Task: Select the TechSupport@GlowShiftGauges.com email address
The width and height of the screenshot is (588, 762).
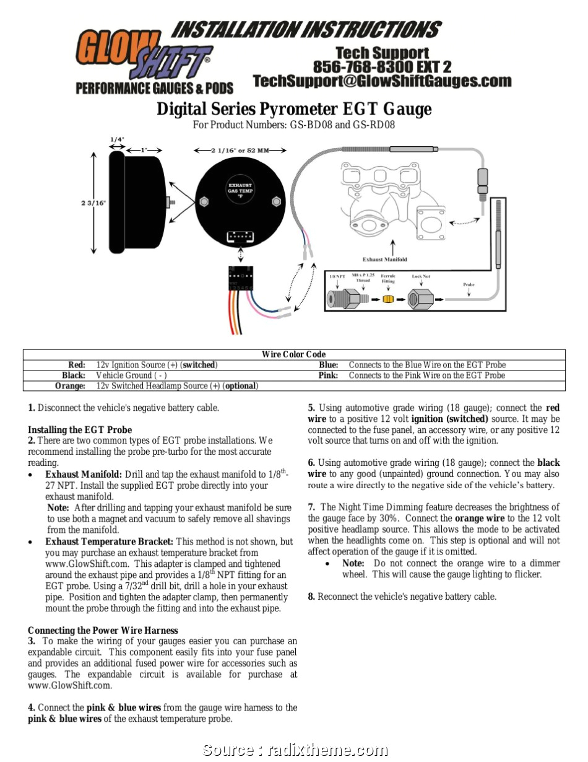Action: click(x=382, y=81)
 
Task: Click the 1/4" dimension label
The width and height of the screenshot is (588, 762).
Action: click(x=117, y=139)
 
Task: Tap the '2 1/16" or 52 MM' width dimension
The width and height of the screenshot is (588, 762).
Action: click(x=240, y=150)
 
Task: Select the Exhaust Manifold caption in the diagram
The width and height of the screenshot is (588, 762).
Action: click(x=384, y=259)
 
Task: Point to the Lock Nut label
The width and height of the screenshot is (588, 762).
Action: click(x=421, y=276)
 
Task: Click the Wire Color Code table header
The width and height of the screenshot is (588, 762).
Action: click(x=293, y=354)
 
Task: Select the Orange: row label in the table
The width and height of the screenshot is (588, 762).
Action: click(x=70, y=386)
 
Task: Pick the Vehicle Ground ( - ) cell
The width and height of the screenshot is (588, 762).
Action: click(x=131, y=375)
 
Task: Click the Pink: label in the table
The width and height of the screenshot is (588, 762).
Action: click(x=328, y=375)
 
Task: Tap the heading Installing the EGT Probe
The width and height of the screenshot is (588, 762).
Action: click(x=80, y=429)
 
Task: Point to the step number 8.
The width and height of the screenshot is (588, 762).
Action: click(x=312, y=597)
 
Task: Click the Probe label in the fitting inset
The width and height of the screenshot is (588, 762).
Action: click(x=469, y=285)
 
